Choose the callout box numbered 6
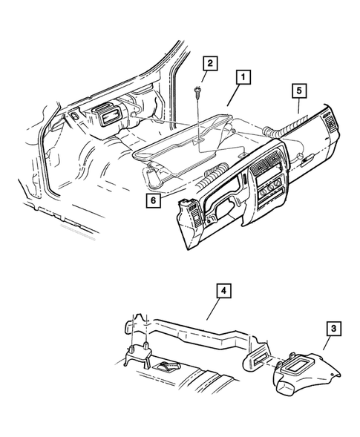pyautogui.click(x=154, y=199)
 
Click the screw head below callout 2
pyautogui.click(x=199, y=92)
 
